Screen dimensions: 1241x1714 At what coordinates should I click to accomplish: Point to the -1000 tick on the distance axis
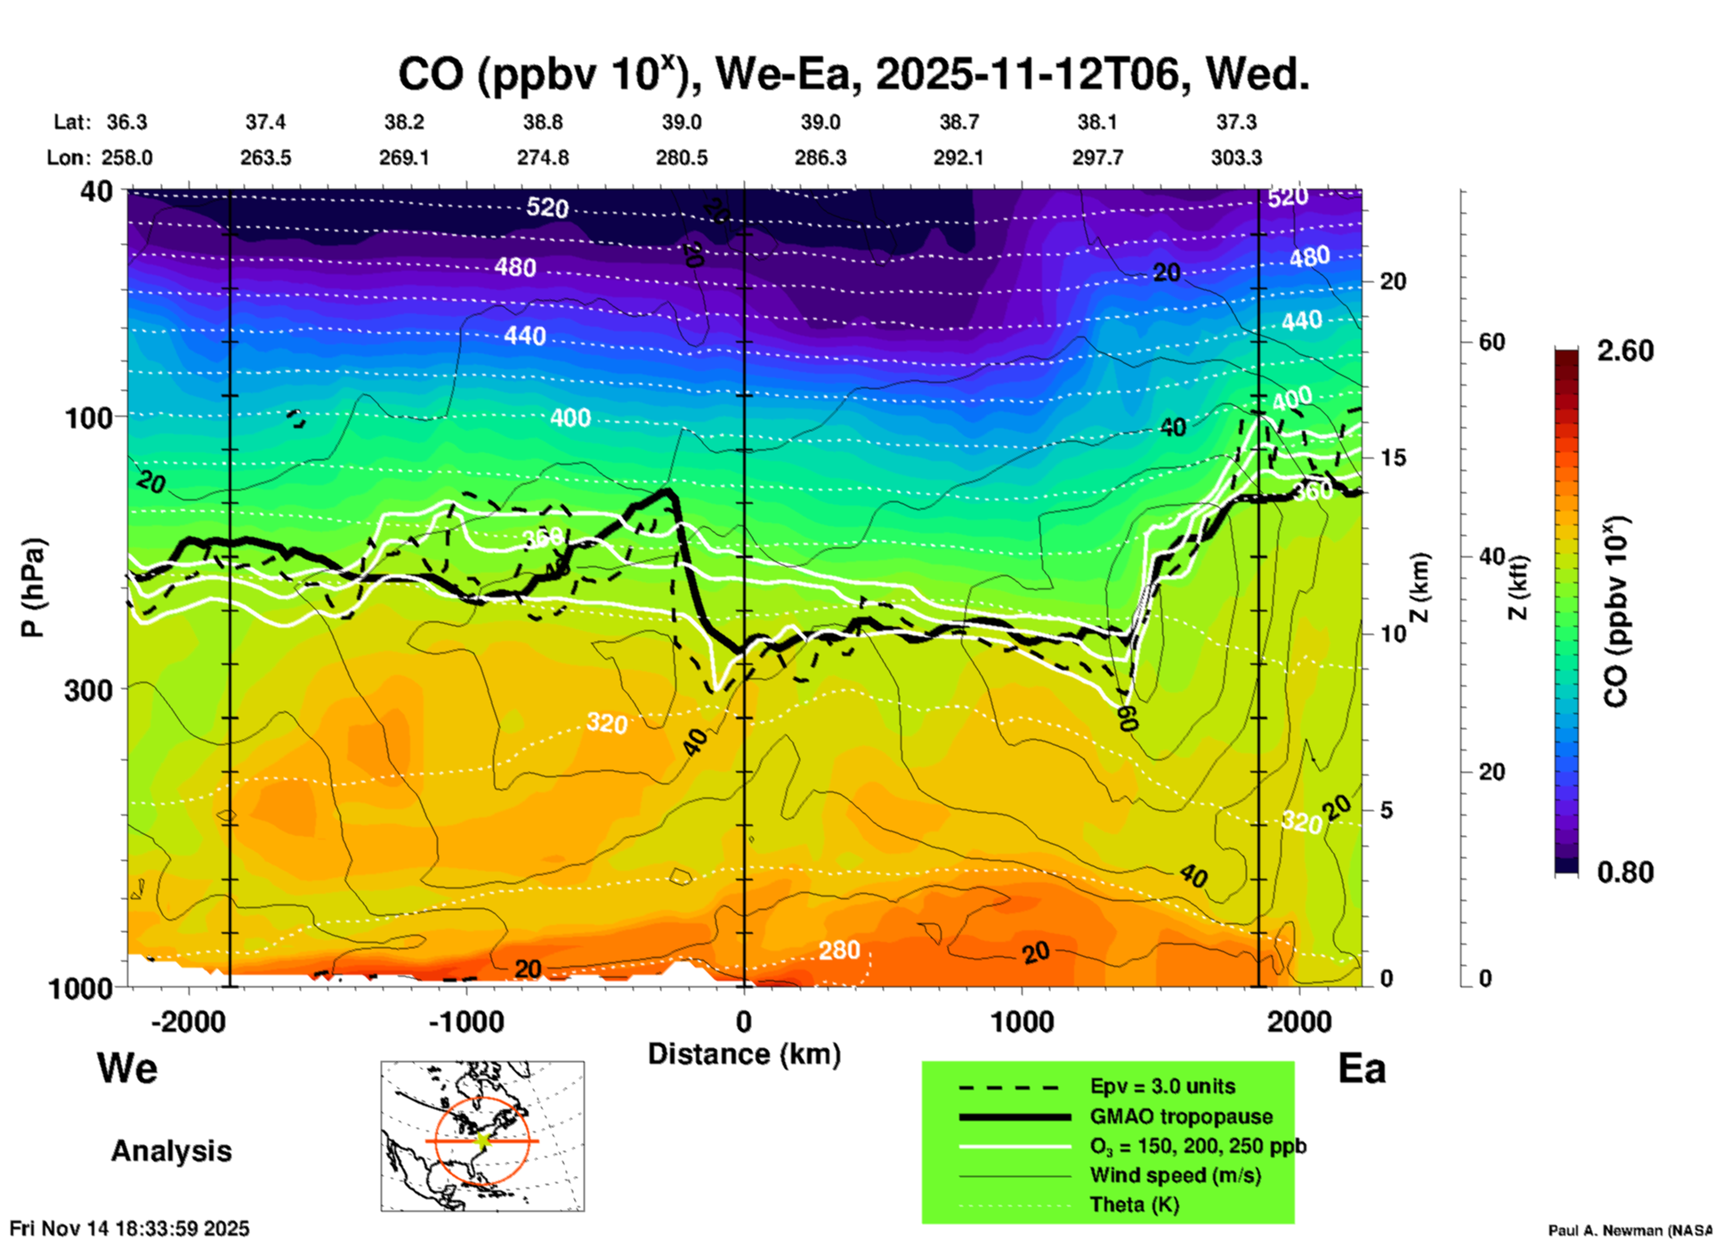(466, 1021)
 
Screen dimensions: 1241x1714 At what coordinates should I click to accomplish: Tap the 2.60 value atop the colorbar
(1625, 351)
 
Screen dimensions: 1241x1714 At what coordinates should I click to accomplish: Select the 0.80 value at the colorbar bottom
(1625, 872)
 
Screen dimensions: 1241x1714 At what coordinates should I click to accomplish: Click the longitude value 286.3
(820, 158)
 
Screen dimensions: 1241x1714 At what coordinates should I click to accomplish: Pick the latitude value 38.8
(542, 122)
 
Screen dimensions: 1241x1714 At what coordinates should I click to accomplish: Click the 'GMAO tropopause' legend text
(1181, 1116)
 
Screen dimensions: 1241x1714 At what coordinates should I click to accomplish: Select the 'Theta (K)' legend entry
(1134, 1204)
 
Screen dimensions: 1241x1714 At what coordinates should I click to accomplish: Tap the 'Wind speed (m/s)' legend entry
(1175, 1175)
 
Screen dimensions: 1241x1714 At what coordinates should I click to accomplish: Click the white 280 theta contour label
(839, 951)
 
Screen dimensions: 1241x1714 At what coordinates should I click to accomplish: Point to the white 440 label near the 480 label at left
(524, 336)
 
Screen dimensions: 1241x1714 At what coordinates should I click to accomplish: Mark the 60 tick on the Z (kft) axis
(1492, 342)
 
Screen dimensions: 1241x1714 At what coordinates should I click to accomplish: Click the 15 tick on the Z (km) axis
(1393, 458)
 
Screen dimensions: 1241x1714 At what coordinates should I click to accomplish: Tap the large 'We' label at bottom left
(127, 1067)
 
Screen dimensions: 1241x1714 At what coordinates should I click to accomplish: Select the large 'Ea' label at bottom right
(1362, 1068)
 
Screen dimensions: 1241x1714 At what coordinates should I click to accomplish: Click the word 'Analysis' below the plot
(171, 1150)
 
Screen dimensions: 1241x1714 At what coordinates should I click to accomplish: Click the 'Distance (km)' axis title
(744, 1054)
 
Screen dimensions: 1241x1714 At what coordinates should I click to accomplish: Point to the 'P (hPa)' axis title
(33, 588)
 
